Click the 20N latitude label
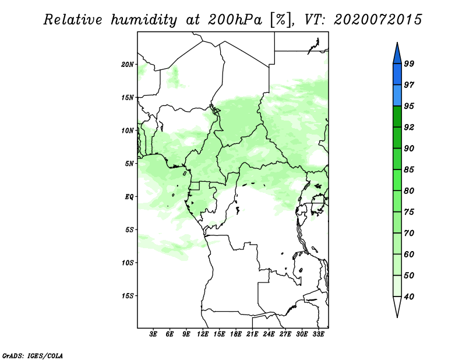tap(128, 64)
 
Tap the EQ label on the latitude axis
tap(129, 196)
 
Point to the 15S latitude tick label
tap(128, 296)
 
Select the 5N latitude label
tap(129, 164)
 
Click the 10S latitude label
tap(128, 263)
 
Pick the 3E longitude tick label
tap(153, 334)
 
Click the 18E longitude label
tap(236, 334)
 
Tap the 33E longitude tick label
tap(318, 334)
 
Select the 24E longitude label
tap(269, 334)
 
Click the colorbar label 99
tap(409, 63)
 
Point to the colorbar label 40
tap(409, 297)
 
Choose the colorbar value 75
tap(409, 211)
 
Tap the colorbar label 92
tap(409, 127)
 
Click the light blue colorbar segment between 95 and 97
tap(397, 96)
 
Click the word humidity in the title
tap(144, 20)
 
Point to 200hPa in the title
tap(235, 20)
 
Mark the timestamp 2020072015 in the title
tap(377, 20)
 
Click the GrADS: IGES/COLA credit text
tap(33, 355)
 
